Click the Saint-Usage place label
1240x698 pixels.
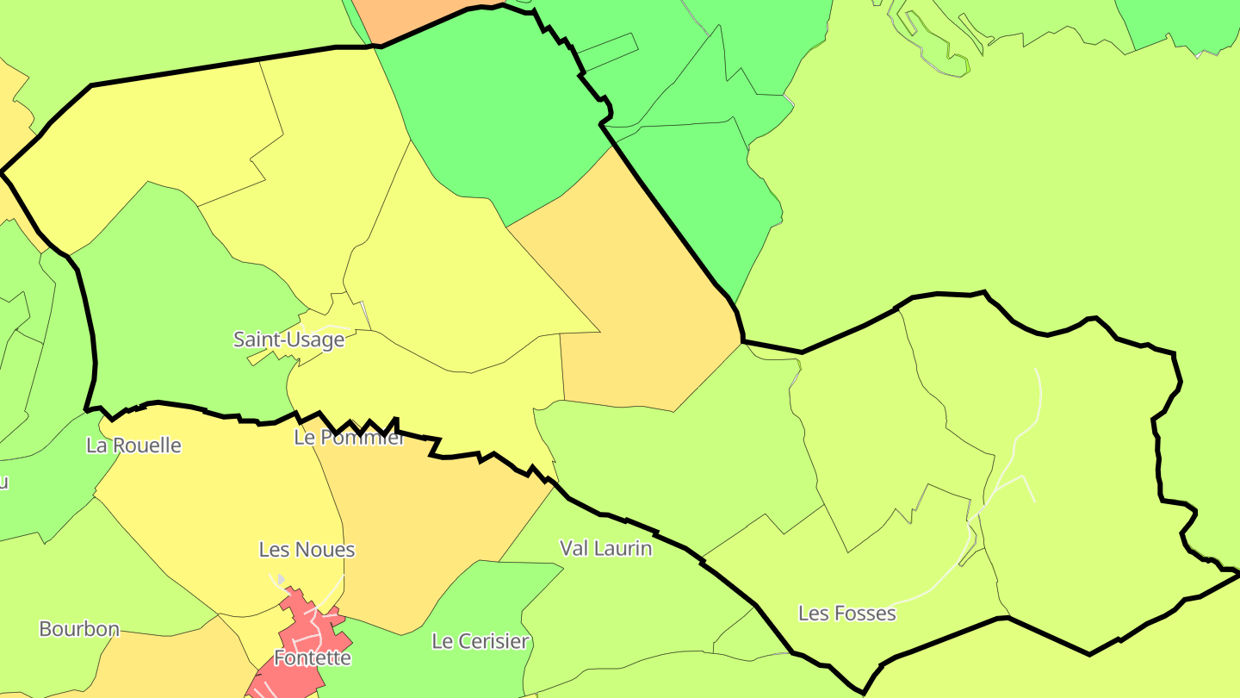(288, 340)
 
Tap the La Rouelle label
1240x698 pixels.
(133, 446)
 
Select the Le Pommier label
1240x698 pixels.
(349, 438)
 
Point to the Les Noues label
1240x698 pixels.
(307, 550)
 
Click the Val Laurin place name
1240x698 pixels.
(605, 548)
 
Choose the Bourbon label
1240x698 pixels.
(79, 629)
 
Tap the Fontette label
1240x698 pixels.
(312, 658)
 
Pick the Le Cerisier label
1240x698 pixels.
(480, 641)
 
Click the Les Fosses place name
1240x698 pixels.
(846, 614)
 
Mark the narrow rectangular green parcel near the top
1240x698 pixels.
(607, 52)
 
